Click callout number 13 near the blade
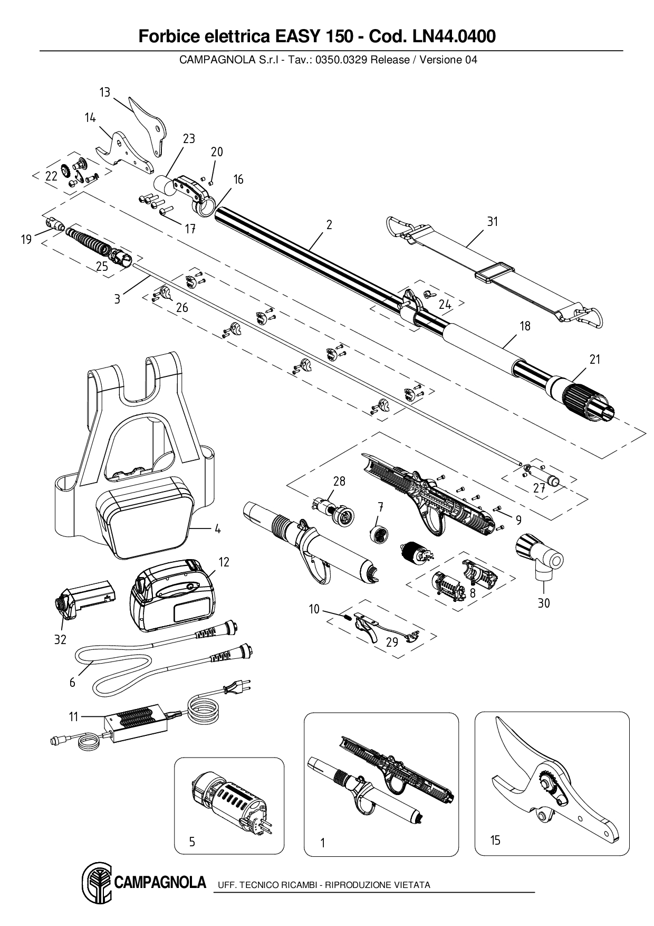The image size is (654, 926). (105, 92)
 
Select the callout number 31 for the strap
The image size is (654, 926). (492, 222)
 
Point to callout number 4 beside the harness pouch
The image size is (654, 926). (217, 529)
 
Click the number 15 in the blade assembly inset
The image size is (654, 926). (495, 840)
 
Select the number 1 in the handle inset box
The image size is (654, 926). (322, 843)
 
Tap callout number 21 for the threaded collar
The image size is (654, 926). (595, 360)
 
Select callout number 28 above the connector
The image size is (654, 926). (339, 481)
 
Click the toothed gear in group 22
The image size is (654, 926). (66, 171)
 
